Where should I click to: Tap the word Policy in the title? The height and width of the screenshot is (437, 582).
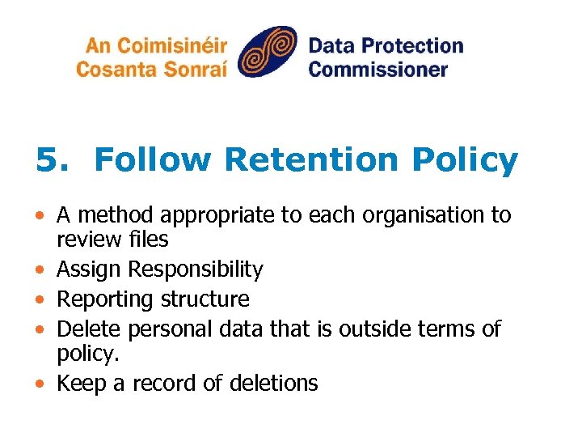click(464, 160)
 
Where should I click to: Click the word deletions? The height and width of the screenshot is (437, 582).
click(273, 383)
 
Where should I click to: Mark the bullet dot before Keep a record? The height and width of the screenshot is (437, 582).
click(40, 384)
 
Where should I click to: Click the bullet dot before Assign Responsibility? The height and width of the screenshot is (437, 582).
click(40, 269)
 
